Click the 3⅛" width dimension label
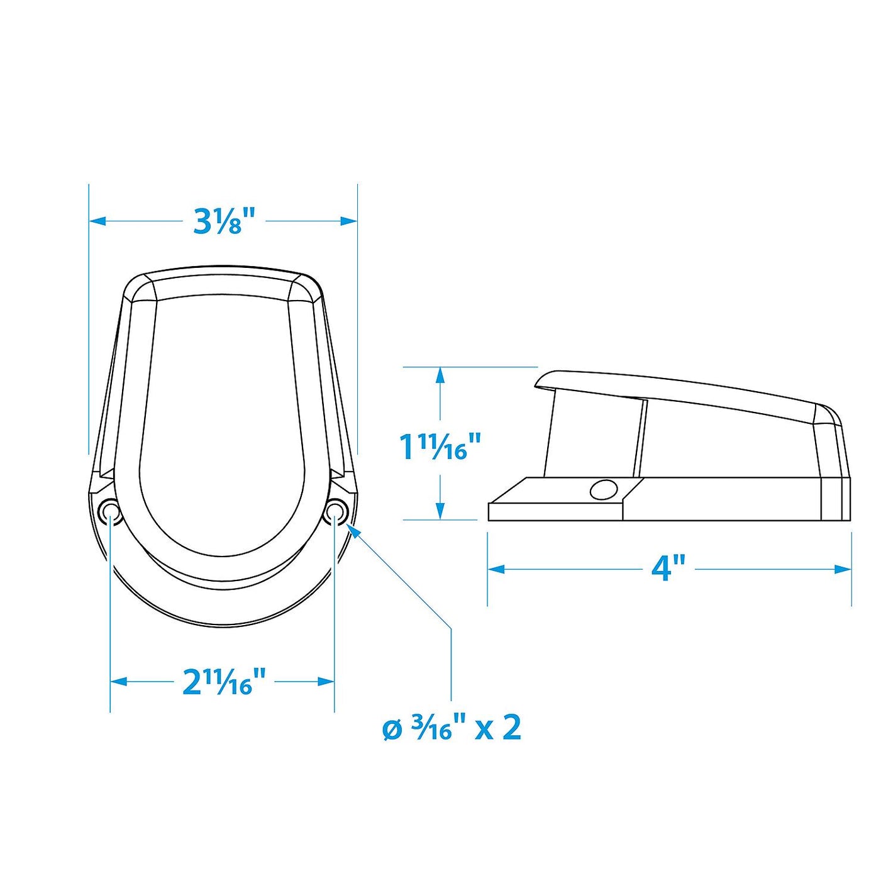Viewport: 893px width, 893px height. pos(223,220)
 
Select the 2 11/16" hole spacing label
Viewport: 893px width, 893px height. pos(224,681)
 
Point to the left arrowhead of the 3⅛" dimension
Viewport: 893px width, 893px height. pos(96,221)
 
